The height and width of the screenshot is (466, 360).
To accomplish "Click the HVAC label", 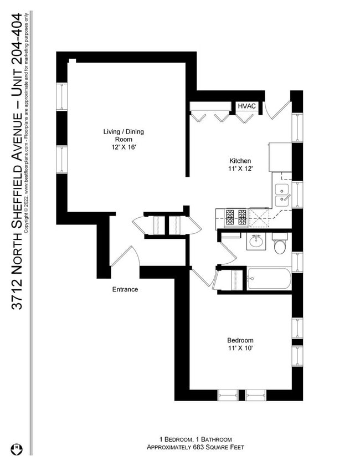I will tap(246, 106).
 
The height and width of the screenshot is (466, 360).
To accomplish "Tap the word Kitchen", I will tap(240, 160).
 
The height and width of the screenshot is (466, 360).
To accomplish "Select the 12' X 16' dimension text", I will tap(124, 147).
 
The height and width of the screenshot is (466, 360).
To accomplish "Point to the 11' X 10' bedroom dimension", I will tap(240, 348).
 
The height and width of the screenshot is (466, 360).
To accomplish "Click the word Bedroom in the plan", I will tap(240, 340).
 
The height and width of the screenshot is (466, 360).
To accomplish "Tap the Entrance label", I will tap(125, 289).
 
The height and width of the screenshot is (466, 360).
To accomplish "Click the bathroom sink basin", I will tap(256, 242).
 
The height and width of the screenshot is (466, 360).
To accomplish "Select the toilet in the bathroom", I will tap(280, 245).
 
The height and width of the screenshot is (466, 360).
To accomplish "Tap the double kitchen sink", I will tap(282, 194).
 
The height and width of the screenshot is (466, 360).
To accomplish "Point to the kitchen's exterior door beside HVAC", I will tap(277, 109).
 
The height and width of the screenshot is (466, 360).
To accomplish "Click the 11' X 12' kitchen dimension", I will tap(240, 168).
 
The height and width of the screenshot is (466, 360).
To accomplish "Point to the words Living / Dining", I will tap(124, 131).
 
